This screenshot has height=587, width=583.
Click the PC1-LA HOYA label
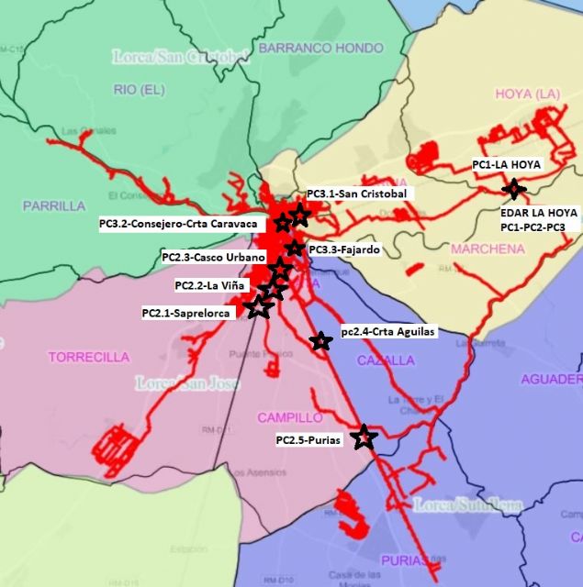pos(508,165)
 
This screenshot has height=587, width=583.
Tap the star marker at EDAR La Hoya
pos(513,190)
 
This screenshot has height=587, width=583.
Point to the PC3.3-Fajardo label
pos(344,249)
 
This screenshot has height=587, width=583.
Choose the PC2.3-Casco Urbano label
pos(213,258)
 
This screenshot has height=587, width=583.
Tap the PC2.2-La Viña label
pos(210,285)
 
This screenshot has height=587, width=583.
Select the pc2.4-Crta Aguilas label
pos(387,332)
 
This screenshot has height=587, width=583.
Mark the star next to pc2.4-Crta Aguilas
pos(320,341)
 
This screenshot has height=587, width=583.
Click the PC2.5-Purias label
pos(308,440)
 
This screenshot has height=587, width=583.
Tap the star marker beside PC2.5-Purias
pos(364,437)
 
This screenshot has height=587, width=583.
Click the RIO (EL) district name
pos(140,89)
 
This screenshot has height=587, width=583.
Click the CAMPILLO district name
pos(289,418)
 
